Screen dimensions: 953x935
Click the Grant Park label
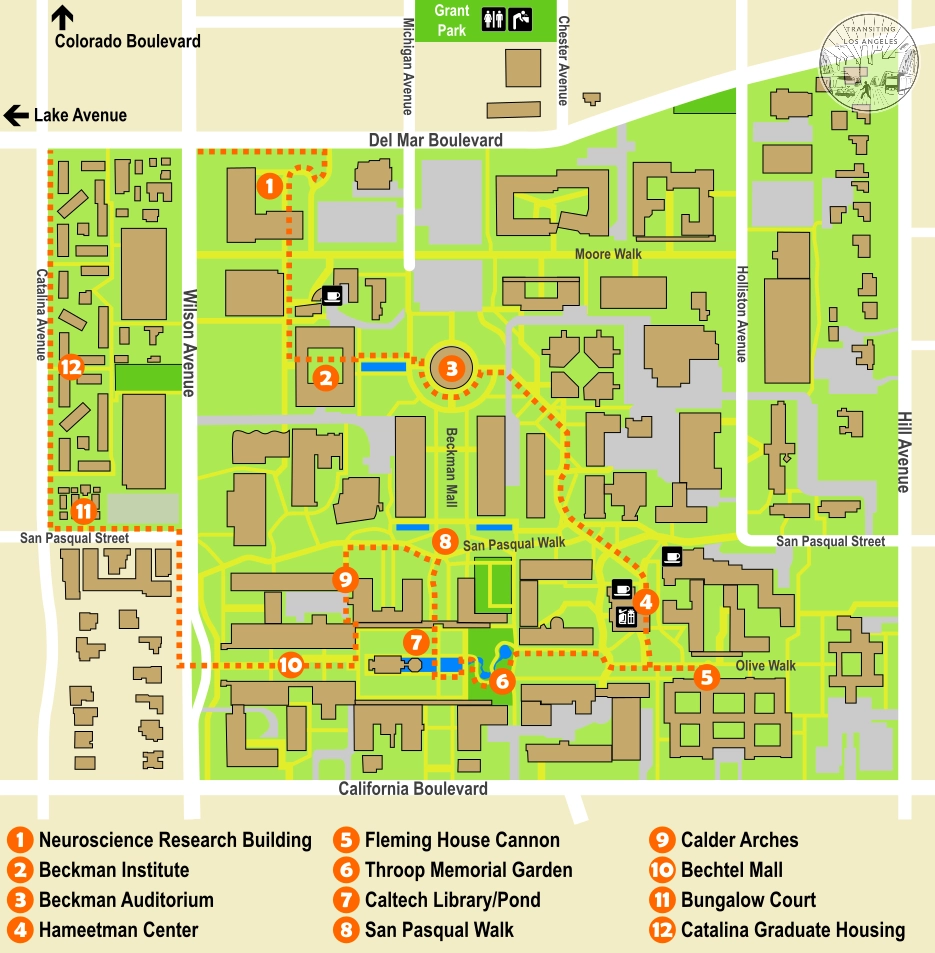coord(452,20)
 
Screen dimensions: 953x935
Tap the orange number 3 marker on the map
coord(451,368)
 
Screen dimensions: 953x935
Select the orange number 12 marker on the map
coord(70,367)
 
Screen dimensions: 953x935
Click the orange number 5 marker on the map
coord(707,677)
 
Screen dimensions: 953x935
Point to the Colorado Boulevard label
coord(127,41)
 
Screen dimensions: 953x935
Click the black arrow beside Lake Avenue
coord(15,115)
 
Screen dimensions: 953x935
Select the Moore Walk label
coord(608,254)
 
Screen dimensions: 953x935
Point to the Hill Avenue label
coord(903,452)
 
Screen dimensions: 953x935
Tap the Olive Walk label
coord(765,665)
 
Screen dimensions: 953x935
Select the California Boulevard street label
coord(412,789)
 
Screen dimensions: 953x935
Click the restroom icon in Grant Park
coord(494,19)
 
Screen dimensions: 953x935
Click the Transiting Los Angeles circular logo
coord(868,63)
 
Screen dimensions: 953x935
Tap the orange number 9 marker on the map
coord(344,579)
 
